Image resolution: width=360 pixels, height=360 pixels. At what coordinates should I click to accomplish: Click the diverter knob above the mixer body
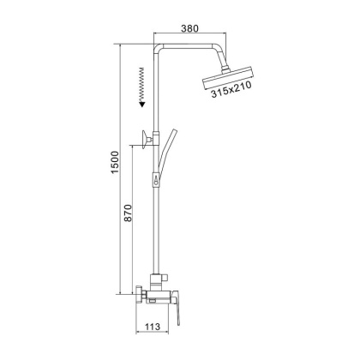coord(159,279)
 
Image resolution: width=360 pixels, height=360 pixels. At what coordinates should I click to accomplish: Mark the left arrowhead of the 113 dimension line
coord(141,336)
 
